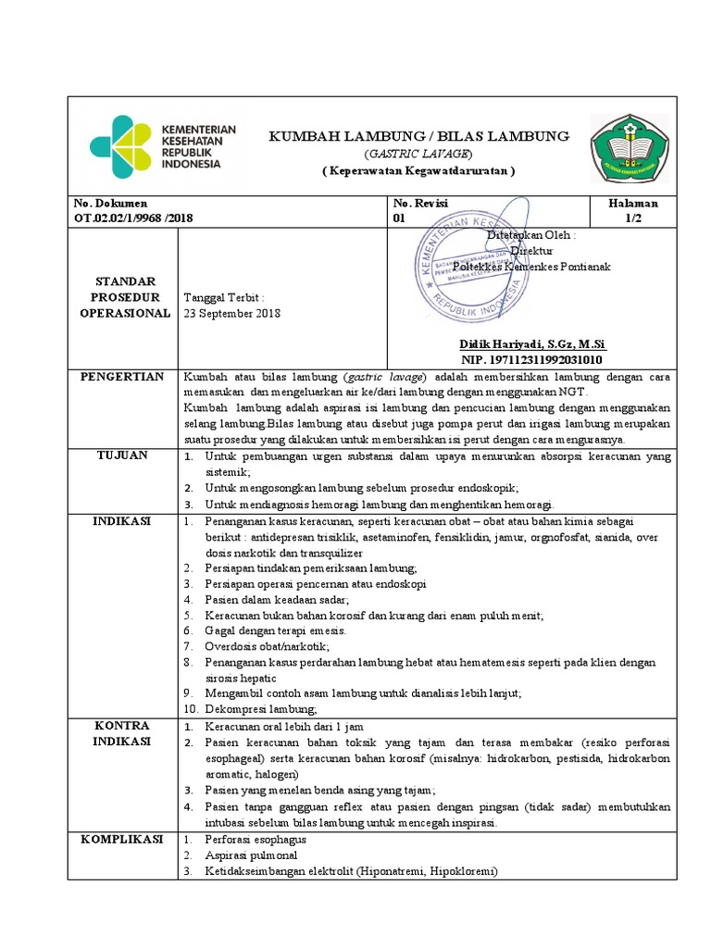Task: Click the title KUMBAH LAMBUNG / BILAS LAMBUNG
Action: pos(418,136)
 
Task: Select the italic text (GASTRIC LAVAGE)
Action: pos(418,154)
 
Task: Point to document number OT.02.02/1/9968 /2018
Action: pos(133,218)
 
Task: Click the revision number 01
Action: pos(400,218)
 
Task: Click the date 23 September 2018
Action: pos(232,313)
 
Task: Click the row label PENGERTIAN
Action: pos(122,377)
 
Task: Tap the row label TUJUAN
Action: pos(122,456)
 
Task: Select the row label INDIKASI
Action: pos(122,521)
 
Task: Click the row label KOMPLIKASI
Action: pos(122,839)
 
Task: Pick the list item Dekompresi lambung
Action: pos(261,709)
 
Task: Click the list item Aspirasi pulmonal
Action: pos(251,855)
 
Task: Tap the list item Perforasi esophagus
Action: pos(256,840)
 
